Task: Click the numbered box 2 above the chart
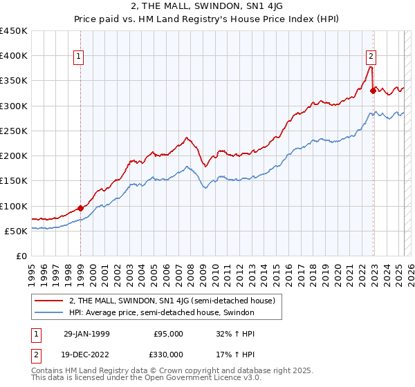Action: point(371,57)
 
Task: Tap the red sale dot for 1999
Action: point(81,208)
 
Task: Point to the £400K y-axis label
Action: point(14,56)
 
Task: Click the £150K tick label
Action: point(14,181)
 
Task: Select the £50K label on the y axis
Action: point(17,231)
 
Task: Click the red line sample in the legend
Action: point(49,301)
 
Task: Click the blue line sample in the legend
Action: point(49,313)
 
